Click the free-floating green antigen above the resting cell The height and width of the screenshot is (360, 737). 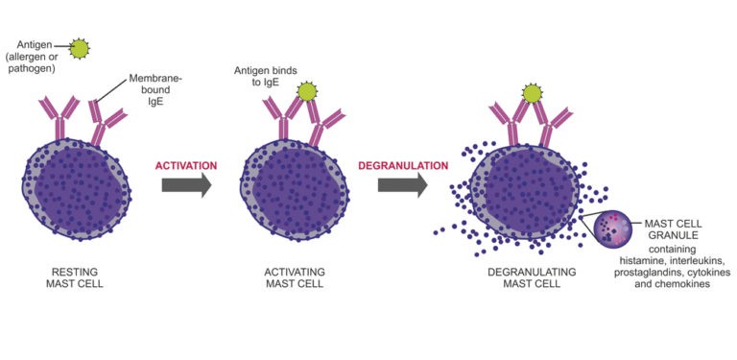(x=81, y=46)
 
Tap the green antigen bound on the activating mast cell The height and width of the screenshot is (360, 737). (x=307, y=92)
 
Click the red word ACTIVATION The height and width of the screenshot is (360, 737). (x=186, y=165)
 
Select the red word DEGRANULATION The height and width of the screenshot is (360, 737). (x=403, y=165)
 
